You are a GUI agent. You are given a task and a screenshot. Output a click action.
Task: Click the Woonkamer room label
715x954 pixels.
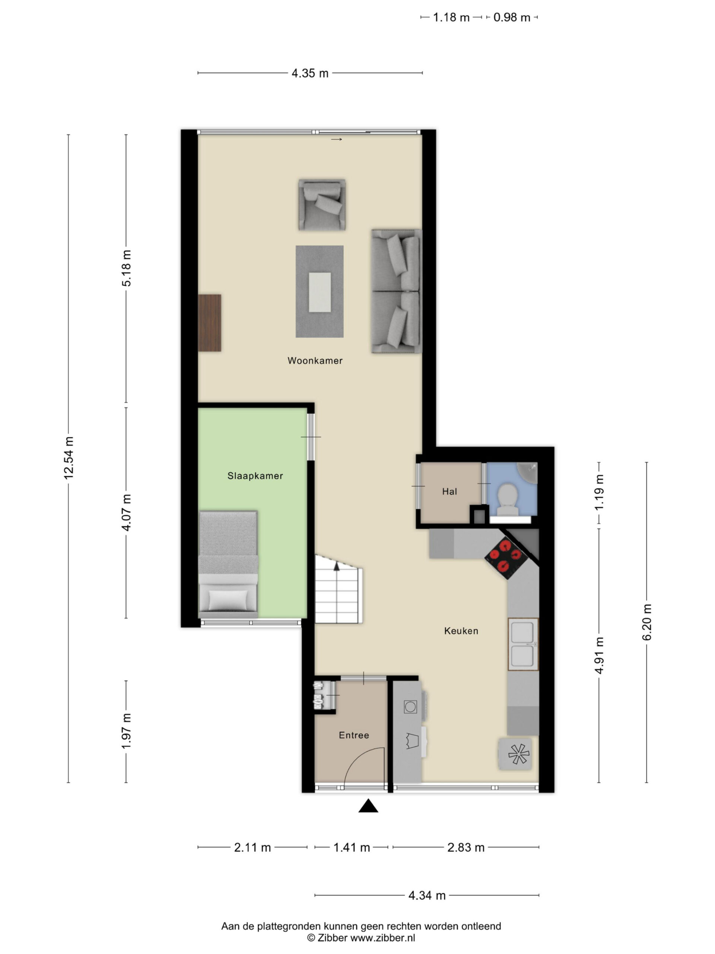pos(315,361)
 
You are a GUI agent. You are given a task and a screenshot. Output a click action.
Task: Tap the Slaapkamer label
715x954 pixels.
pos(255,476)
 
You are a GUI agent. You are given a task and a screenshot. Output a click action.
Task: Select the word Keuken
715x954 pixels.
pos(461,631)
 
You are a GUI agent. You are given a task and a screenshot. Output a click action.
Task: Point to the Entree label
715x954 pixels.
pos(354,735)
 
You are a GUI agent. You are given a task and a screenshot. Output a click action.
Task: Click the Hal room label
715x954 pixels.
pos(449,491)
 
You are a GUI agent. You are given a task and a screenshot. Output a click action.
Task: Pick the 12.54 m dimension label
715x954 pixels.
pos(69,458)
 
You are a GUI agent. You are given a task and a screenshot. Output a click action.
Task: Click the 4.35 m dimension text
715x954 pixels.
pos(310,73)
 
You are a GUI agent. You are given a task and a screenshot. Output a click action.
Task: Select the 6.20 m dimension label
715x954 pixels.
pos(647,622)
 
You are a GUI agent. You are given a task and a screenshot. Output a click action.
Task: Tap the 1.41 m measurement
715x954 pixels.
pos(352,847)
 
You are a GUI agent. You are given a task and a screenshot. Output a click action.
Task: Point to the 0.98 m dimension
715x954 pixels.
pos(512,17)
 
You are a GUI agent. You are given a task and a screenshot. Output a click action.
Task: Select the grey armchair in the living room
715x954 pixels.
pos(322,205)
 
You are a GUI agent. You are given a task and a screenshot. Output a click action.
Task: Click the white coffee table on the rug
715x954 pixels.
pos(320,292)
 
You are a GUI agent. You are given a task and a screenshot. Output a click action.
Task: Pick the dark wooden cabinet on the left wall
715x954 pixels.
pos(209,323)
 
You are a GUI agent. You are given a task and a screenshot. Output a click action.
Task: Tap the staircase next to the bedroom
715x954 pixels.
pos(338,589)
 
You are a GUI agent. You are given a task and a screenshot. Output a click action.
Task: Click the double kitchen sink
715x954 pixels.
pos(523,644)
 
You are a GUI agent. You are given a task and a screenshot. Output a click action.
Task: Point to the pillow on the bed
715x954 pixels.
pos(228,600)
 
